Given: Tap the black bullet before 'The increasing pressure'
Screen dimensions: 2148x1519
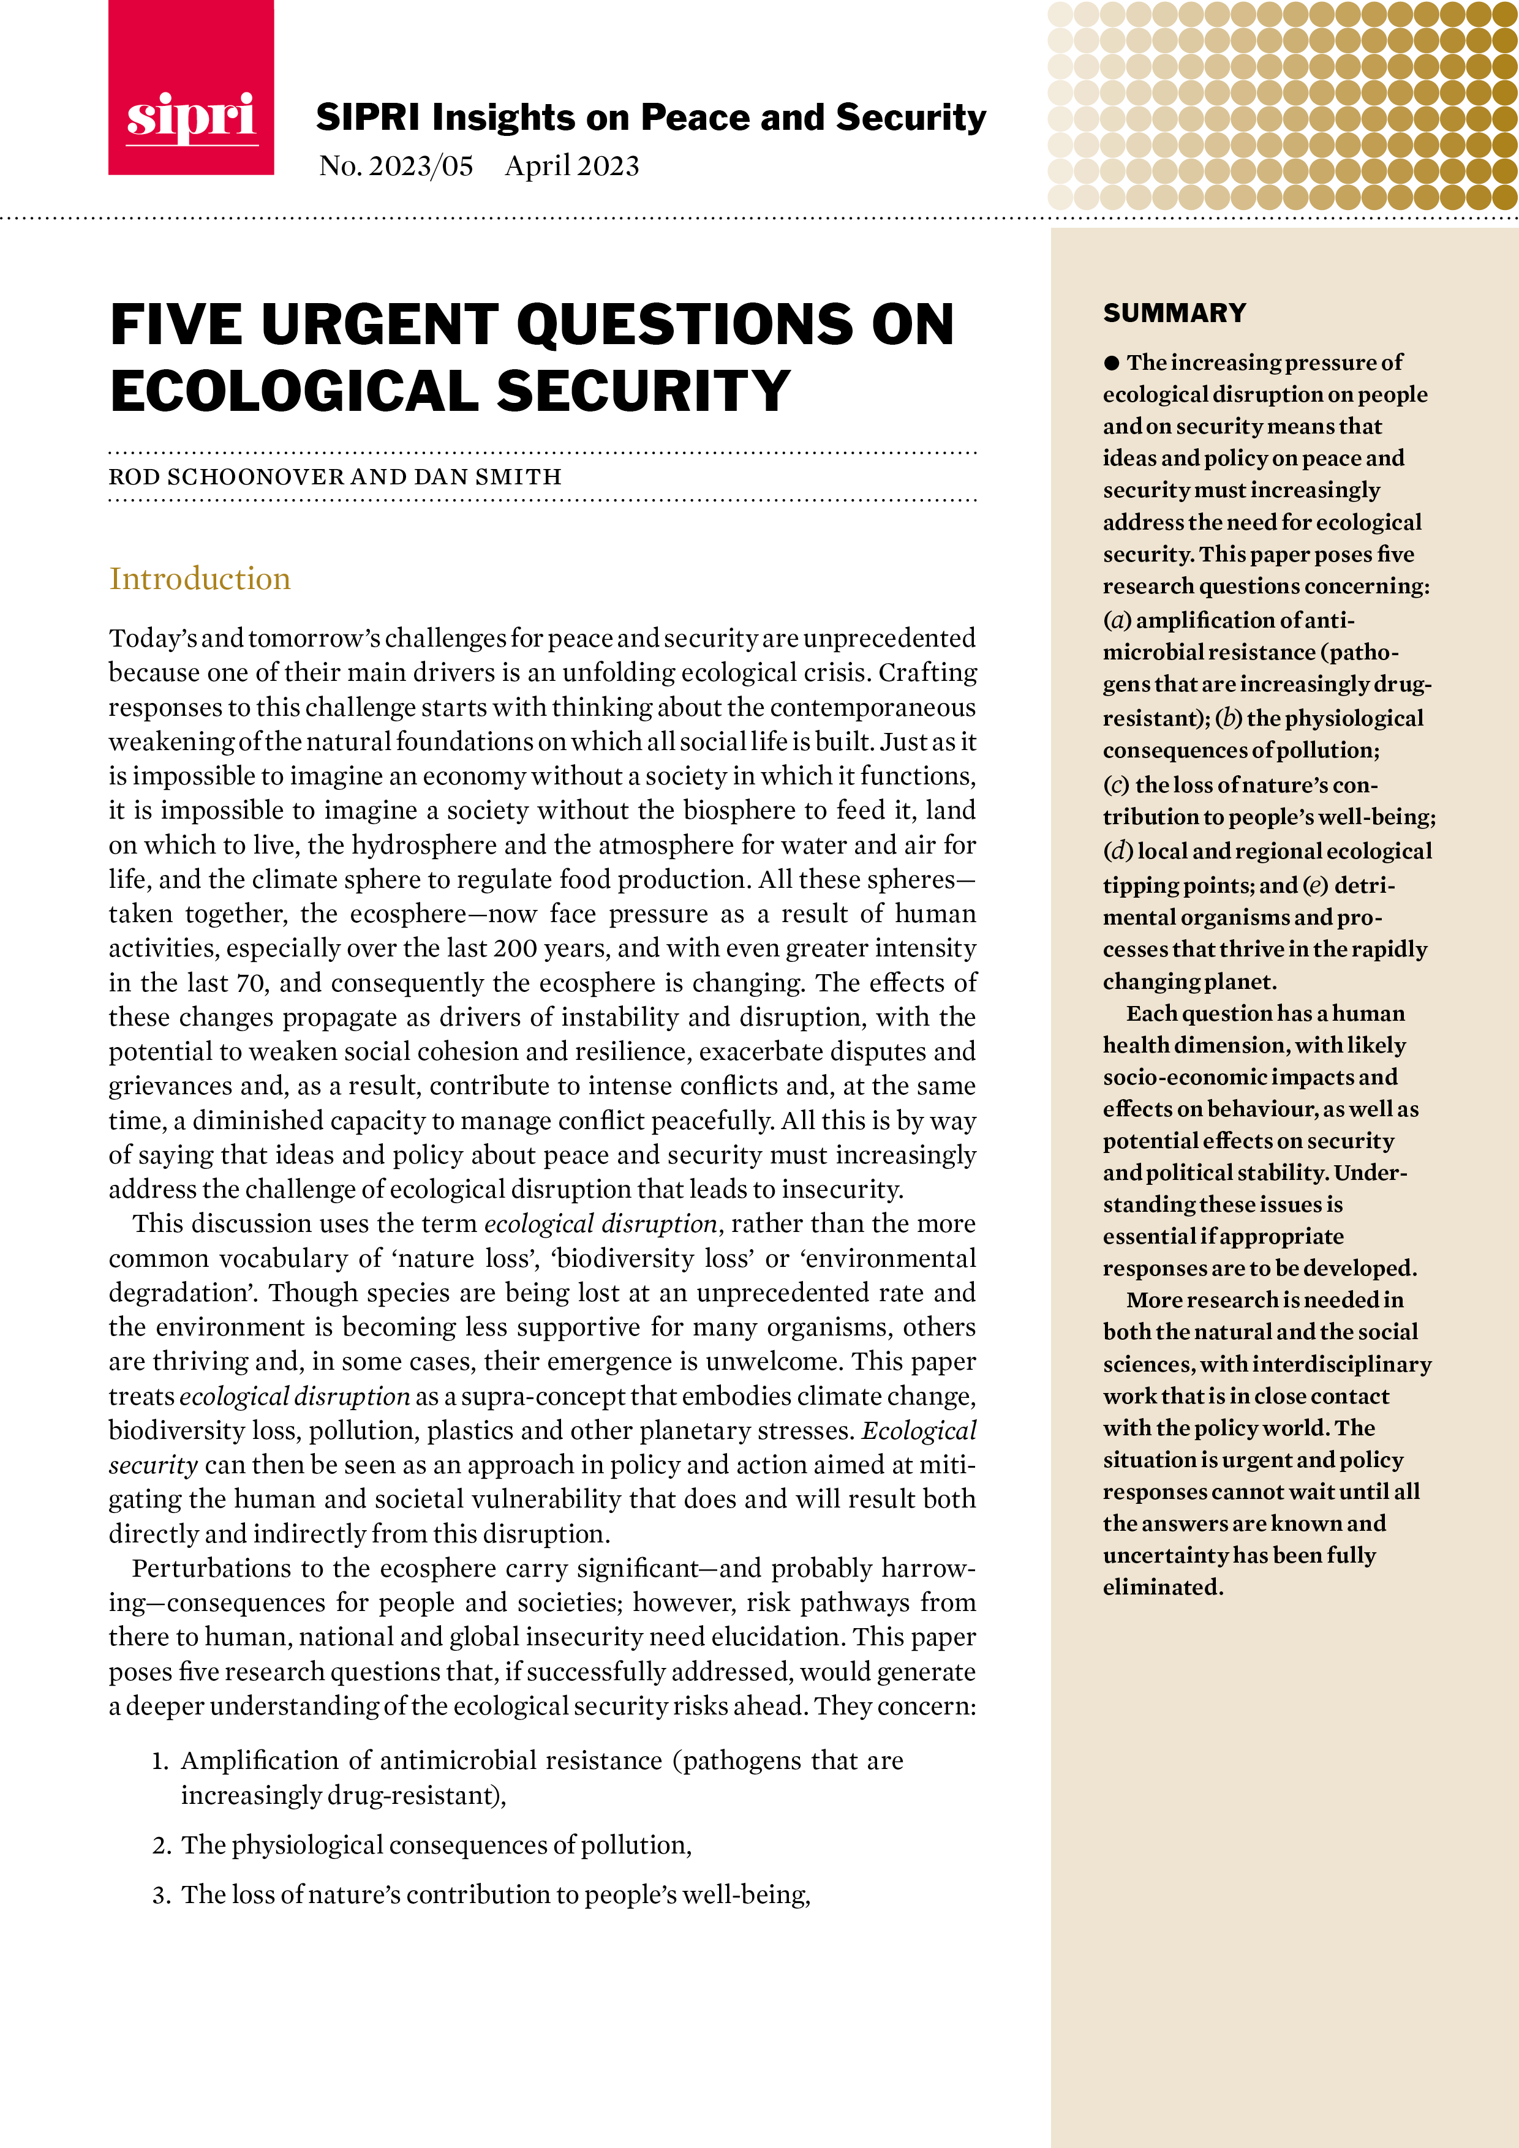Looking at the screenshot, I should tap(1111, 363).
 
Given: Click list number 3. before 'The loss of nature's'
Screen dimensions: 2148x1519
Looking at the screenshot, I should tap(161, 1895).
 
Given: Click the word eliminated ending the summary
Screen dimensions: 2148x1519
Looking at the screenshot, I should tap(1161, 1588).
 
